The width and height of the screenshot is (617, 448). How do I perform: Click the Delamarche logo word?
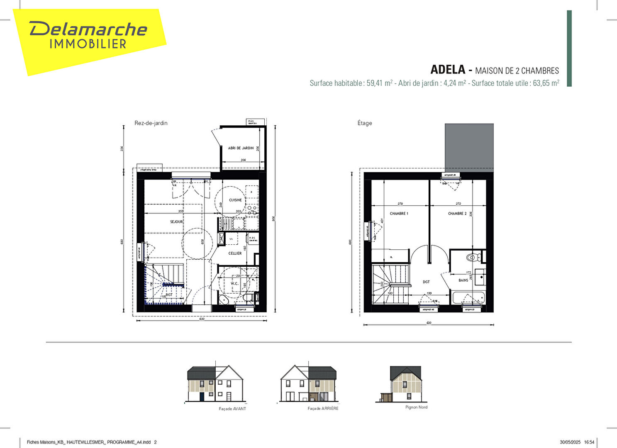tap(88, 29)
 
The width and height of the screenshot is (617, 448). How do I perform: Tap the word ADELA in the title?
tap(448, 69)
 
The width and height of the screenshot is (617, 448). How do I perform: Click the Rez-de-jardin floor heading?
tap(151, 123)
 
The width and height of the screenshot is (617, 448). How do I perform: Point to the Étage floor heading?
tap(365, 123)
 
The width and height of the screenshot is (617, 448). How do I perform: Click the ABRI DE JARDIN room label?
tap(241, 148)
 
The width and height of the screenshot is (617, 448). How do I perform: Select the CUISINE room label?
tap(235, 200)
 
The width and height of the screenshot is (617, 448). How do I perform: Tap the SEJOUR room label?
tap(176, 222)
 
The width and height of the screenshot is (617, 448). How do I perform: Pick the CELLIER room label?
tap(235, 253)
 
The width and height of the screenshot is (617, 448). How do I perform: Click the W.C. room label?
tap(234, 284)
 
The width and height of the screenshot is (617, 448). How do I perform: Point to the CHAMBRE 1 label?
tap(399, 214)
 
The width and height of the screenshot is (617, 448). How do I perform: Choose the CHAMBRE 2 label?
tap(457, 214)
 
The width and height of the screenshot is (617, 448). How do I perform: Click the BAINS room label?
tap(463, 280)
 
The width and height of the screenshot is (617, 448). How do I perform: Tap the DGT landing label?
tap(426, 282)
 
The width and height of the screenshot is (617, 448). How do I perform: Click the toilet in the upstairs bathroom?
tap(472, 258)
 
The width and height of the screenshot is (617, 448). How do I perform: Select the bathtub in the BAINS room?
tap(468, 297)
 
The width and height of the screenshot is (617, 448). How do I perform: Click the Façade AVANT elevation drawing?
tap(215, 384)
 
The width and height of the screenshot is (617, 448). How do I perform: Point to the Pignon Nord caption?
tap(416, 407)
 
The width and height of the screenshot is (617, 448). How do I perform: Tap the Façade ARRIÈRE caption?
tap(323, 409)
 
